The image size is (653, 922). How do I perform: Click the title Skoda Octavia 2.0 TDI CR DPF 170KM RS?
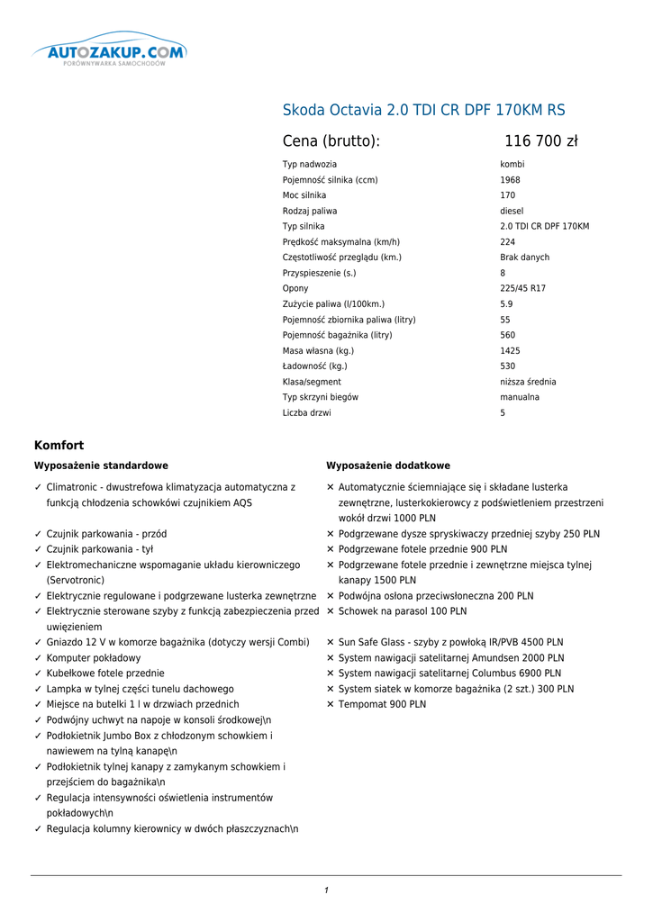click(x=424, y=111)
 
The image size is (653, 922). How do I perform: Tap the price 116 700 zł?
click(x=540, y=141)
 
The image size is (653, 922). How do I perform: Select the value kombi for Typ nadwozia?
click(x=512, y=165)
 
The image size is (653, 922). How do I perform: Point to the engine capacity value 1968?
click(x=510, y=180)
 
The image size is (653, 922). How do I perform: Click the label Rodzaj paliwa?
click(x=310, y=211)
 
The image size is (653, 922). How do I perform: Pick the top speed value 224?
click(x=508, y=242)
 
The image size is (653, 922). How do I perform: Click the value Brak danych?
click(x=524, y=258)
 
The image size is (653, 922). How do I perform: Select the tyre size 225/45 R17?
click(x=522, y=289)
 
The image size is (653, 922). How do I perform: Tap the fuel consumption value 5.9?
click(x=506, y=304)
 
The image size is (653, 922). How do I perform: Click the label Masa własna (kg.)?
click(x=318, y=351)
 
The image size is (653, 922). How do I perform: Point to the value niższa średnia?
click(x=528, y=382)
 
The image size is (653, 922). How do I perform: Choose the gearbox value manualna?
click(x=520, y=397)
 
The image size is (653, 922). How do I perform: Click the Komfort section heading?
click(x=59, y=445)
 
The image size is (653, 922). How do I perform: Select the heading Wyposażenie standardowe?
click(x=101, y=466)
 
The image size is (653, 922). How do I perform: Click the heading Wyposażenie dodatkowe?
click(x=388, y=466)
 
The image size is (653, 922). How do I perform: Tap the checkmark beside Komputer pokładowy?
click(x=38, y=658)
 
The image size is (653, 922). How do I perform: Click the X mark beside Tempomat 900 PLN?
click(x=331, y=705)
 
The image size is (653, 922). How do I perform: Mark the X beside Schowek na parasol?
click(x=331, y=611)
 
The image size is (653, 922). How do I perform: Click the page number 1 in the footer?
click(x=326, y=890)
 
